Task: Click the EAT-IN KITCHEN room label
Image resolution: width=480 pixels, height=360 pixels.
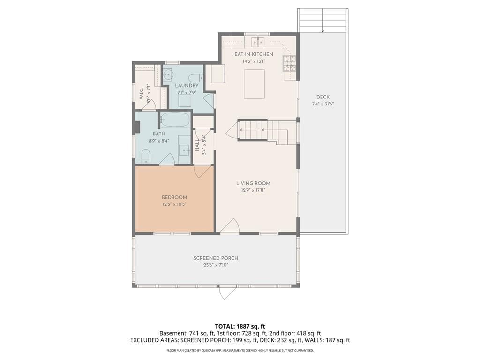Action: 254,54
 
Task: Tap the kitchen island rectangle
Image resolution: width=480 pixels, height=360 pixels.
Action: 254,84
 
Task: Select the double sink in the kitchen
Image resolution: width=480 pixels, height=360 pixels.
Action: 258,42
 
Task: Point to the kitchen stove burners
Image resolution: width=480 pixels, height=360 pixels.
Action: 289,63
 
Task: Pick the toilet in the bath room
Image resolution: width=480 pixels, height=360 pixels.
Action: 146,156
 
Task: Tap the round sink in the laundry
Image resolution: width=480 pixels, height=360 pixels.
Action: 168,75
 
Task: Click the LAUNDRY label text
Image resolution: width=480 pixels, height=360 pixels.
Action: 187,86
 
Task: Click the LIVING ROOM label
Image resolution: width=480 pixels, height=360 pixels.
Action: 253,183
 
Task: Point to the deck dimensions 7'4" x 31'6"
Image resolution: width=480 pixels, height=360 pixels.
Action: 322,104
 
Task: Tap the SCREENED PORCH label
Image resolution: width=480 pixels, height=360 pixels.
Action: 216,258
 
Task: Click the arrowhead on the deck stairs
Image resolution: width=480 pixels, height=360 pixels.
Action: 322,30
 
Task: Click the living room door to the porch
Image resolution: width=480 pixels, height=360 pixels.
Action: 230,226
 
